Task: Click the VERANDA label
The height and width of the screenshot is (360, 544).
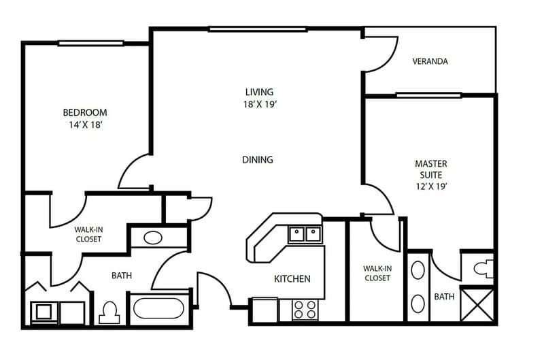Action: pyautogui.click(x=430, y=61)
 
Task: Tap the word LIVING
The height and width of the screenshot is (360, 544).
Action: pyautogui.click(x=259, y=92)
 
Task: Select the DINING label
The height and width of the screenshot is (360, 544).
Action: pyautogui.click(x=257, y=160)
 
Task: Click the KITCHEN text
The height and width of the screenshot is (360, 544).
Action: pyautogui.click(x=292, y=278)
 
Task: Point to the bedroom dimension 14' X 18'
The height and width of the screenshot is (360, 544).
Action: pyautogui.click(x=85, y=125)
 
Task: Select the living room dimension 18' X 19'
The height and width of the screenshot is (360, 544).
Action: pyautogui.click(x=259, y=104)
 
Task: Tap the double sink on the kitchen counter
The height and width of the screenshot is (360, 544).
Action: pyautogui.click(x=305, y=235)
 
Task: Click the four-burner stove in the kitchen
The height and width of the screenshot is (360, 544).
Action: pyautogui.click(x=305, y=310)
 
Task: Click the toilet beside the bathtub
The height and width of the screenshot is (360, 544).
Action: pyautogui.click(x=109, y=312)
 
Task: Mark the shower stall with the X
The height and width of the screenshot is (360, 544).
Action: pyautogui.click(x=477, y=304)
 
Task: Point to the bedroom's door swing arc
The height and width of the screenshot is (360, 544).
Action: pyautogui.click(x=135, y=172)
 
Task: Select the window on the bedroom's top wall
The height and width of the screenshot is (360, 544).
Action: pyautogui.click(x=85, y=44)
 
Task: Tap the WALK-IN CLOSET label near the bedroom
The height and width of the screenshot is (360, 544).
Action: pyautogui.click(x=88, y=235)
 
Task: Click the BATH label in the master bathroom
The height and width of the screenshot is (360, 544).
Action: pyautogui.click(x=444, y=297)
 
